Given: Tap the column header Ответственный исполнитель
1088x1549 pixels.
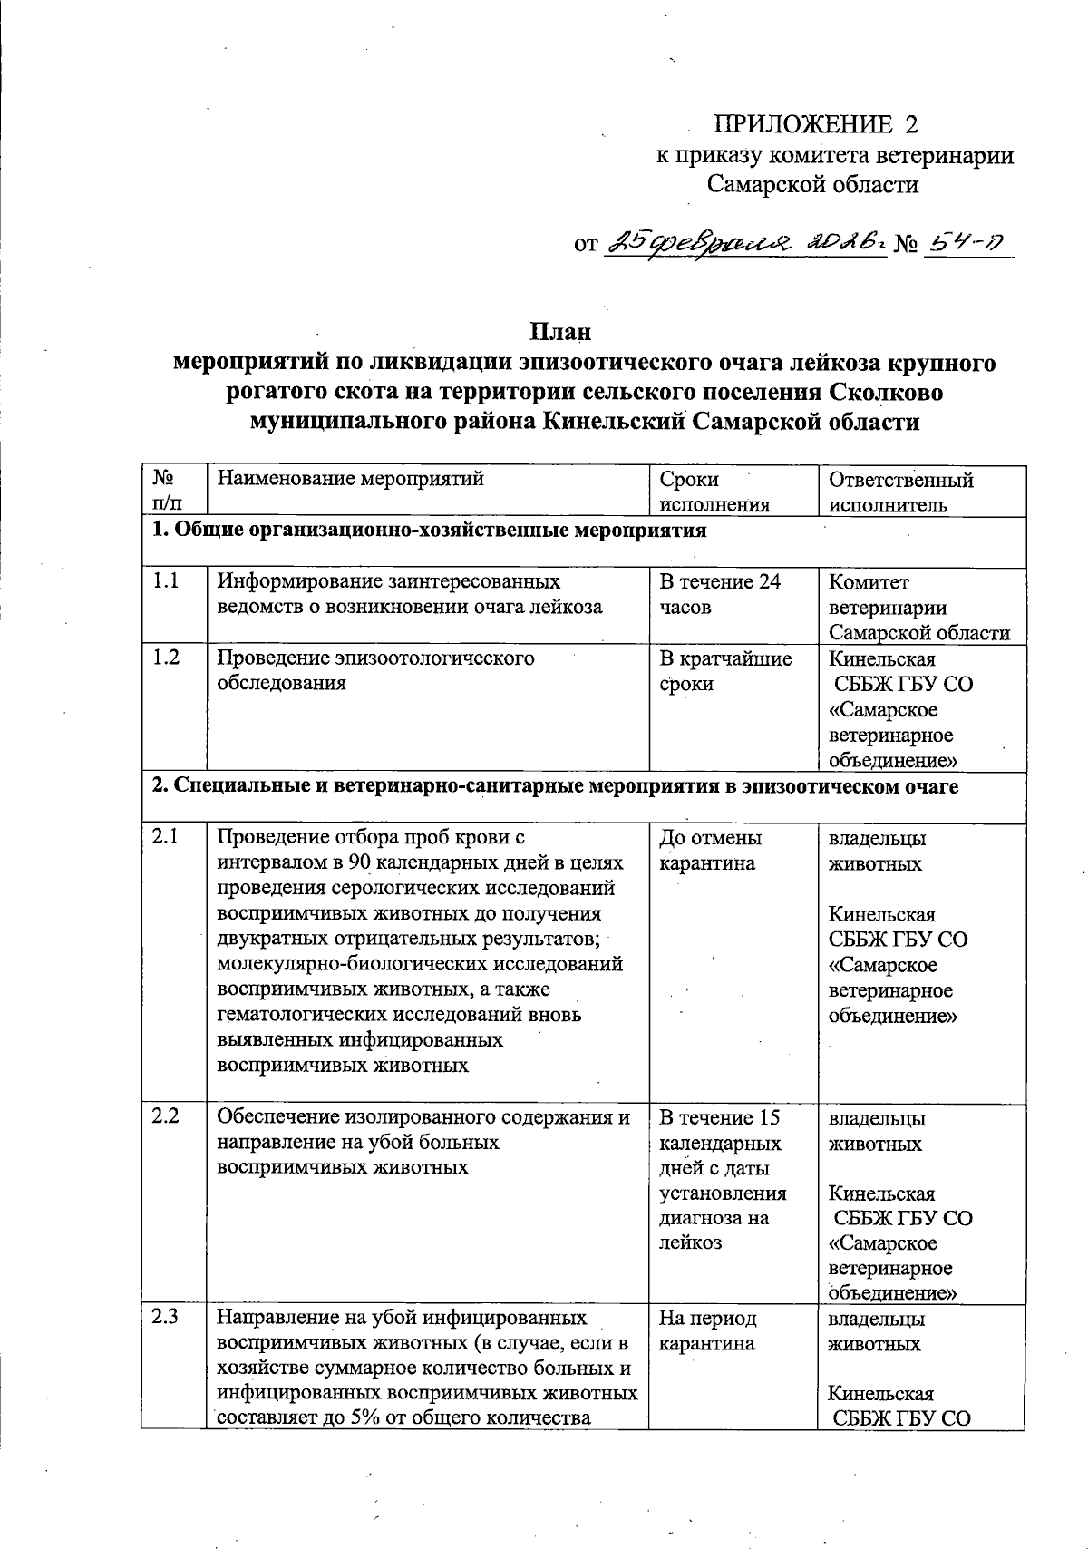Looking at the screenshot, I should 901,492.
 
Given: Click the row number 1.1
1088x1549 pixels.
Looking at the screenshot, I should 165,581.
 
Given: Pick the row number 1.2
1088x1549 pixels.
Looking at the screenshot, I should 165,658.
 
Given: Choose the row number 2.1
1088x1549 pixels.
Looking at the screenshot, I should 165,837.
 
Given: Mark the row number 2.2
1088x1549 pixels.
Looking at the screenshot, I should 165,1116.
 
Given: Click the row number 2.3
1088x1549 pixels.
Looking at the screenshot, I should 165,1317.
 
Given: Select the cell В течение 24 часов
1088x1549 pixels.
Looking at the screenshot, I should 720,594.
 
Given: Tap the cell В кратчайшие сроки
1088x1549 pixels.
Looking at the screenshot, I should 725,670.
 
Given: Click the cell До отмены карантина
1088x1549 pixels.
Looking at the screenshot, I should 711,850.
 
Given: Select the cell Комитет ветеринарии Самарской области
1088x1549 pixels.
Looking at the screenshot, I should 918,607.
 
